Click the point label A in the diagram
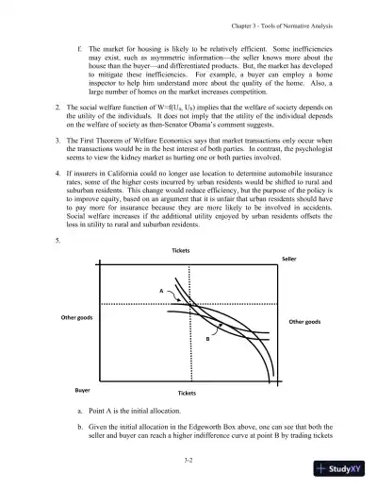coord(162,291)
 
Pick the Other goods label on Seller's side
coord(305,322)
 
